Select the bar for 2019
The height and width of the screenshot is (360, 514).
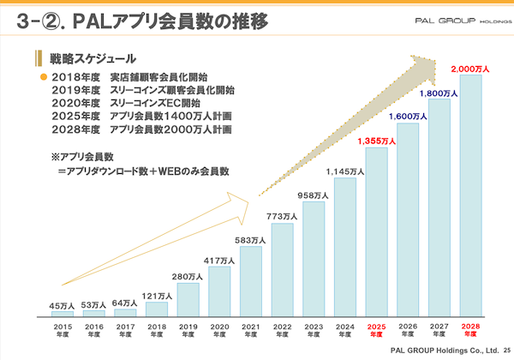click(188, 300)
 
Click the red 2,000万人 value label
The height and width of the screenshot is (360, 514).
click(470, 67)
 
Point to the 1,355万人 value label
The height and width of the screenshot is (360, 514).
click(377, 140)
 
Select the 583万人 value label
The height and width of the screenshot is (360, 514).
click(251, 240)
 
